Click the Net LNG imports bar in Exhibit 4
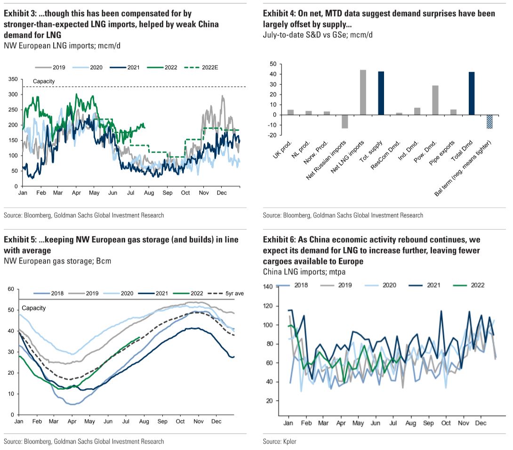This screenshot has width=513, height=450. (363, 92)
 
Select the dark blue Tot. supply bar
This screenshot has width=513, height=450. (381, 93)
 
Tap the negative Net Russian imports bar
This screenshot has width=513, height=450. (345, 121)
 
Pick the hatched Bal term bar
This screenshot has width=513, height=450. (489, 122)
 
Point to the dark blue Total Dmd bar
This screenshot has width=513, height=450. (472, 93)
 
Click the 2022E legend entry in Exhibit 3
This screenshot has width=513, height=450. (207, 67)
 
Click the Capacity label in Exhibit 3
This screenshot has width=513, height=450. (44, 81)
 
